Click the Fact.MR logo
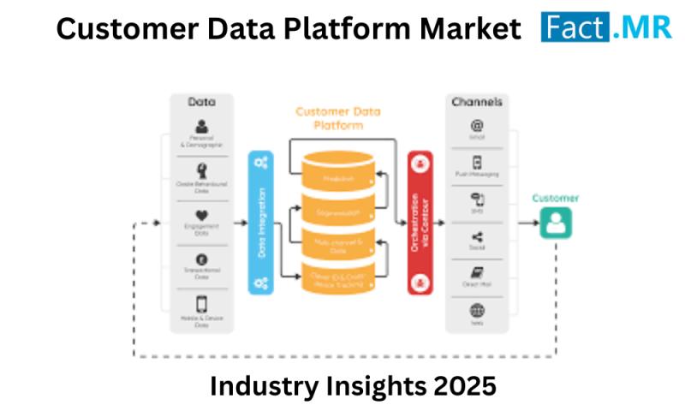tap(607, 27)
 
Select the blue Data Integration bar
tap(261, 223)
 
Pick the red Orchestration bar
tap(420, 223)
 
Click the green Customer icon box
tap(555, 223)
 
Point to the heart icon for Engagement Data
tap(202, 214)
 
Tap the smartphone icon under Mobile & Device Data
tap(202, 304)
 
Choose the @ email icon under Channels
tap(477, 124)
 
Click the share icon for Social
tap(477, 237)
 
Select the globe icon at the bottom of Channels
tap(477, 310)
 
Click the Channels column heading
tap(477, 102)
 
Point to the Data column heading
tap(202, 102)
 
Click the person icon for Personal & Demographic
tap(202, 127)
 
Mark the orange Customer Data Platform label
tap(338, 118)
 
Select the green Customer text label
tap(555, 198)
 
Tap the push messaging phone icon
tap(477, 162)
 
